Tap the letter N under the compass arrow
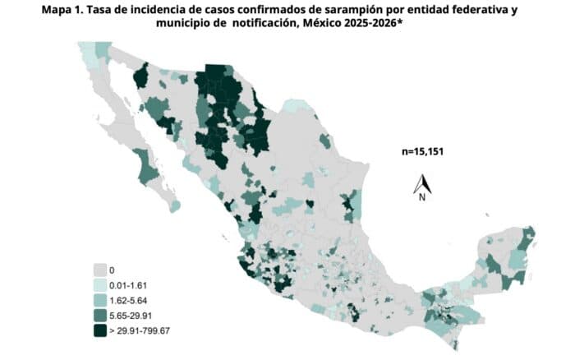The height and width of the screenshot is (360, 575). (x=422, y=197)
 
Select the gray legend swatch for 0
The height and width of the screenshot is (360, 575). (x=103, y=269)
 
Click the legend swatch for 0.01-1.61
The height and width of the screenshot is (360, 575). (x=103, y=284)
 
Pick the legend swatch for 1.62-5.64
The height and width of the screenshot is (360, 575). (x=103, y=300)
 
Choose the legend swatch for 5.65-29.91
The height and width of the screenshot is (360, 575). (x=103, y=315)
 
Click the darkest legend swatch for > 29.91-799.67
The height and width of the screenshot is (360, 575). (x=103, y=330)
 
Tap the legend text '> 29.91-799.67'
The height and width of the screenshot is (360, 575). (x=145, y=330)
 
